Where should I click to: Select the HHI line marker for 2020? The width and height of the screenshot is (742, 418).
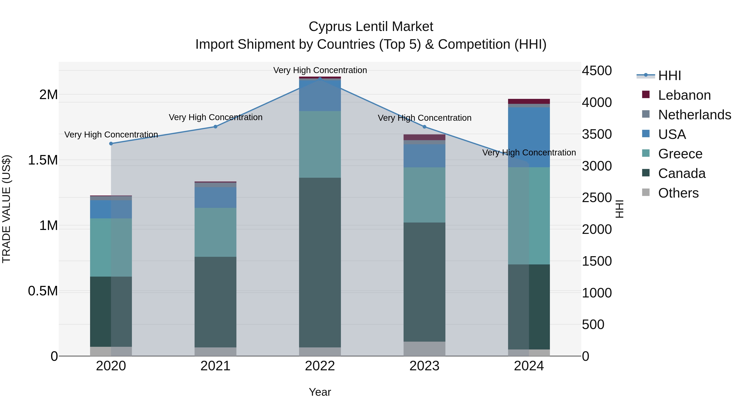click(x=111, y=143)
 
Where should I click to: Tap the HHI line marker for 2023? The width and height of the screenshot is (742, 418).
click(x=424, y=127)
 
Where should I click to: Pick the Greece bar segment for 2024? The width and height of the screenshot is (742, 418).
click(x=529, y=216)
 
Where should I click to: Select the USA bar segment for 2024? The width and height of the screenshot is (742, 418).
click(x=529, y=137)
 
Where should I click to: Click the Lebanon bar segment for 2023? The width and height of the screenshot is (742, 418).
click(x=424, y=137)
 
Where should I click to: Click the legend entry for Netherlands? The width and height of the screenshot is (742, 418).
click(x=694, y=115)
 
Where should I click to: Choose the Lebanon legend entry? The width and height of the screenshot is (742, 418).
click(x=684, y=95)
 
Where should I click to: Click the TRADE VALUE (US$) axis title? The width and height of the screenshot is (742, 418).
click(x=6, y=209)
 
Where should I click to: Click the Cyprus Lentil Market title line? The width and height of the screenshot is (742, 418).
click(x=371, y=27)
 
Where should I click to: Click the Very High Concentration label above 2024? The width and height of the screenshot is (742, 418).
click(x=529, y=152)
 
